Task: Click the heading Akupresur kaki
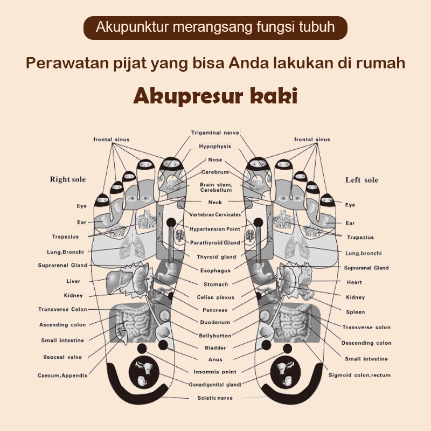215,96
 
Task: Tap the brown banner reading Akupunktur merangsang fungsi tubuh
215,28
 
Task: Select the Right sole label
68,179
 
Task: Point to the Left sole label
362,180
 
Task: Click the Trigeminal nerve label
215,133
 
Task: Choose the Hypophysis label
215,146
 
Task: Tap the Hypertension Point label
214,229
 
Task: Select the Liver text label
73,281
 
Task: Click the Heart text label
354,282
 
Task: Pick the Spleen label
356,312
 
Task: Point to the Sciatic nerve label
215,398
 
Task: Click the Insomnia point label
215,372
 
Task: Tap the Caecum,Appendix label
62,376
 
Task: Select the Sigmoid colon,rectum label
359,375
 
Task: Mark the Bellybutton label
215,336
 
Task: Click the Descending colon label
366,343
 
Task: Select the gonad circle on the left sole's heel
284,372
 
